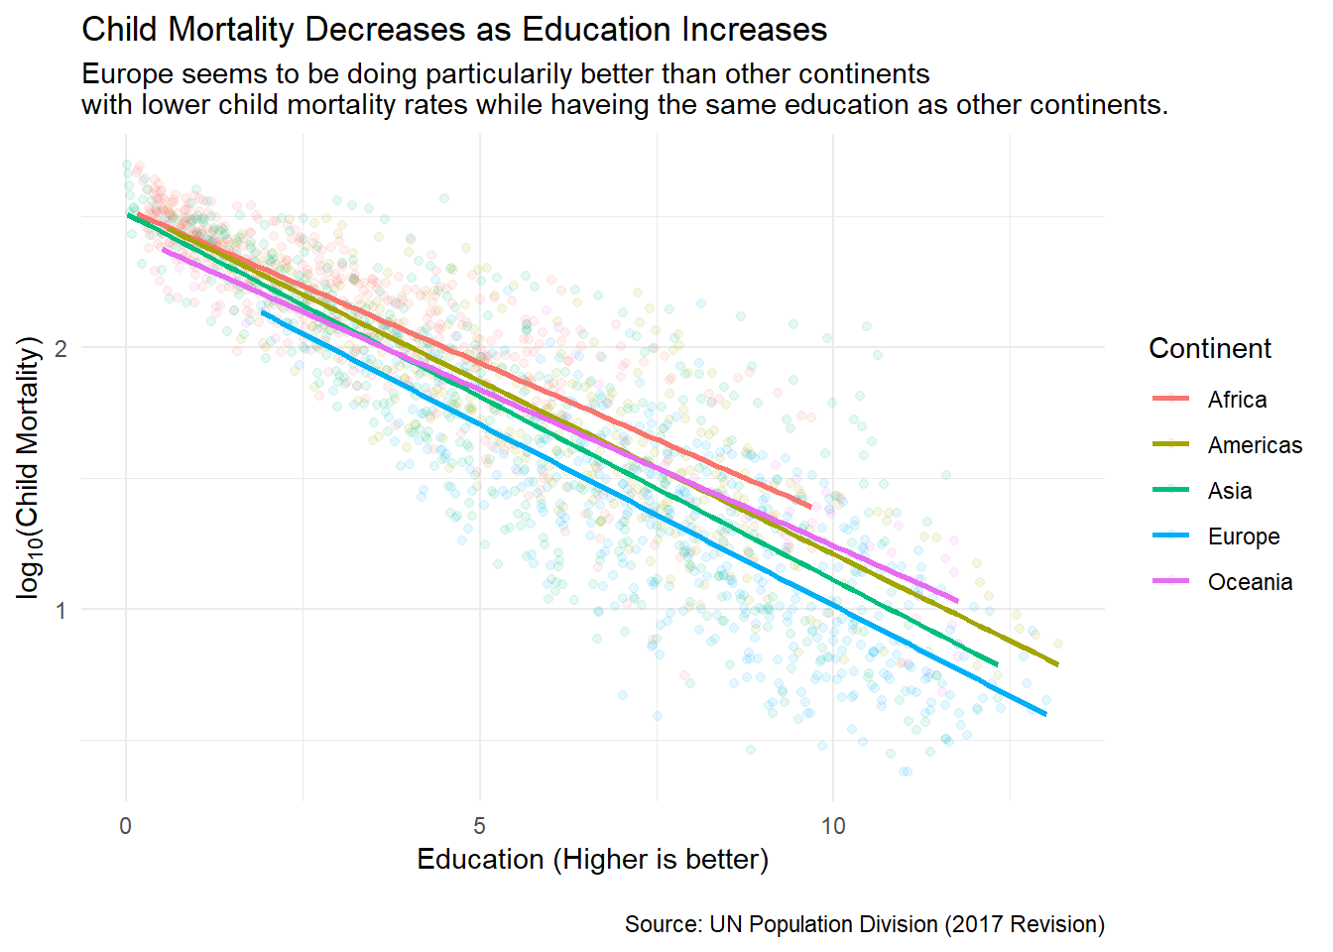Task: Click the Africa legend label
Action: tap(1237, 400)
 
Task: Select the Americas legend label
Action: tap(1255, 445)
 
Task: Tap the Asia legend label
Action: tap(1230, 491)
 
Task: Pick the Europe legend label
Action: tap(1244, 536)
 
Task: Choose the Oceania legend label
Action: tap(1250, 582)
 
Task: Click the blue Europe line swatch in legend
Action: tap(1170, 536)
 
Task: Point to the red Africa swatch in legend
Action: tap(1170, 400)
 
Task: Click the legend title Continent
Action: tap(1209, 349)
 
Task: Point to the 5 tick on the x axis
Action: tap(480, 826)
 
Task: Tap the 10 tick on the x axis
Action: tap(833, 826)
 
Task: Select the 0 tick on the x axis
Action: tap(126, 826)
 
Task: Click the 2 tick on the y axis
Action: tap(61, 348)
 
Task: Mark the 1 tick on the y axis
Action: tap(61, 609)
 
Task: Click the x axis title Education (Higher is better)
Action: tap(592, 859)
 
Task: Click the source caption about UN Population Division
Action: tap(864, 924)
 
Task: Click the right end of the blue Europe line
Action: tap(1044, 713)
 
